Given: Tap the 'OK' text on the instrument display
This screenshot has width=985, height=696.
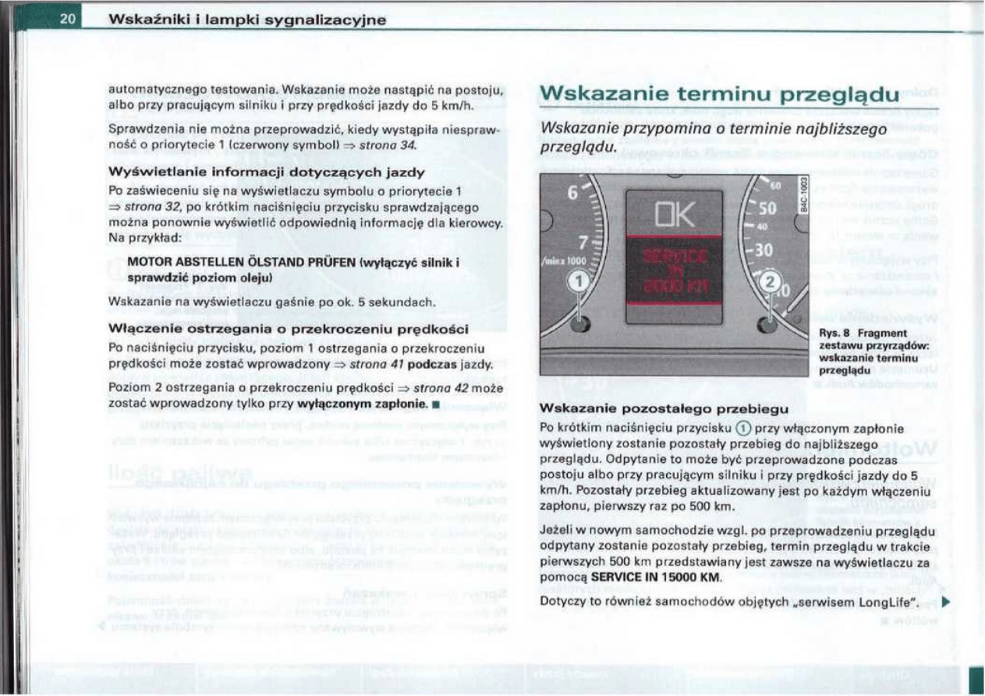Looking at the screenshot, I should coord(673,215).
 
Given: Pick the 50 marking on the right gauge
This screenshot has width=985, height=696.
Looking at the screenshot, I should coord(767,209).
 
